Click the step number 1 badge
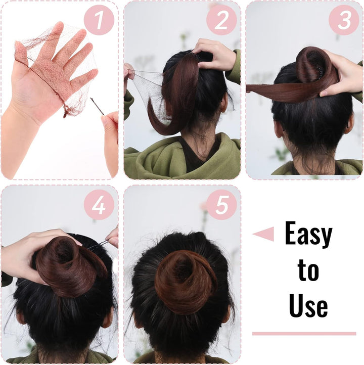[x=100, y=20]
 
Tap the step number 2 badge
[x=221, y=20]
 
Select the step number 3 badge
[x=343, y=20]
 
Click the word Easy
[x=308, y=234]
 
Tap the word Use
[x=308, y=305]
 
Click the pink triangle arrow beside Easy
[x=264, y=234]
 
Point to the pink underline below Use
[x=304, y=334]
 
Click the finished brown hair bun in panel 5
[x=185, y=281]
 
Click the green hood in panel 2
[x=152, y=159]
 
